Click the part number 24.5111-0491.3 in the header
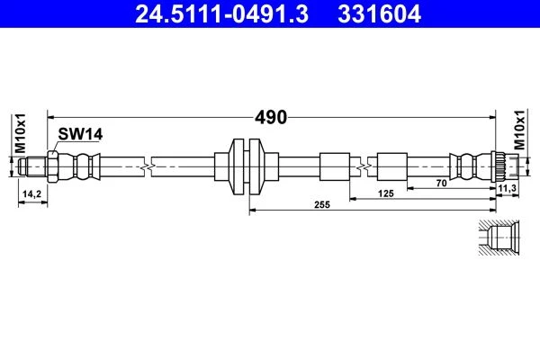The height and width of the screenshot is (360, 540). [221, 14]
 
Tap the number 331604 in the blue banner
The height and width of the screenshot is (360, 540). [379, 14]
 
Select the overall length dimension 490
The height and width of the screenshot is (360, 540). [271, 117]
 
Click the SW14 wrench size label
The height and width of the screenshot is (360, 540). [80, 134]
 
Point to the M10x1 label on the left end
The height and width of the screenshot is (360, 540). [21, 133]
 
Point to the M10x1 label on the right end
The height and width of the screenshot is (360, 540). [519, 130]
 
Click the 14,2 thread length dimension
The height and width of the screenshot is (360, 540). [31, 194]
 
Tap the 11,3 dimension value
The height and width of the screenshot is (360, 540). [508, 188]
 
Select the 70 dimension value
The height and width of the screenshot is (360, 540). [441, 184]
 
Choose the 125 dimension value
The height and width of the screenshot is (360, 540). [386, 193]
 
